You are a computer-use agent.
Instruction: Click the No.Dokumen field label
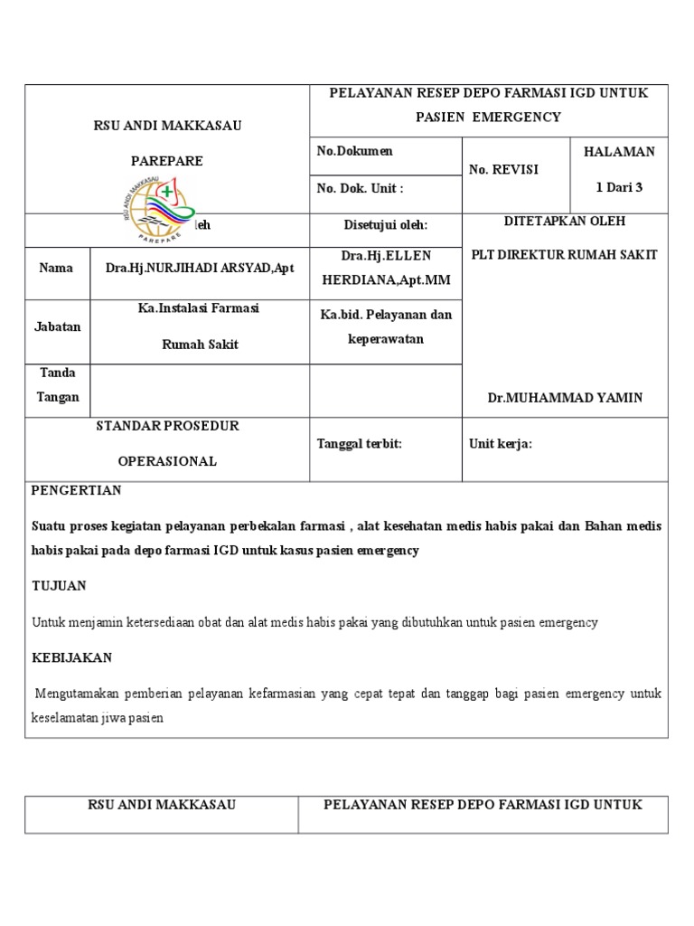click(354, 151)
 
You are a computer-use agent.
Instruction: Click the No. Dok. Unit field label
click(360, 188)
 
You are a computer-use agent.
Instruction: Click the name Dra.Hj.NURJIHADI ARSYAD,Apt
click(200, 269)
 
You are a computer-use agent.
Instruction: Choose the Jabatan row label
click(58, 327)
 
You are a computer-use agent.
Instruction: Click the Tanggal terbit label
click(358, 443)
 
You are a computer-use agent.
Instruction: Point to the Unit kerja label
click(500, 443)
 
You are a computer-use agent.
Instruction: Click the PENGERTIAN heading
click(77, 490)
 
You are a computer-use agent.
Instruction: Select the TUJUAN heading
click(59, 586)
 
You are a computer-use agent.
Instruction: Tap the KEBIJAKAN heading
click(71, 657)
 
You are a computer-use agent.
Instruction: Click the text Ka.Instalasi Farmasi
click(199, 309)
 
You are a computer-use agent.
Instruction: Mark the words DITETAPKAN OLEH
click(563, 221)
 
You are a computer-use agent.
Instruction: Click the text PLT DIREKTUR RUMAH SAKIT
click(564, 254)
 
